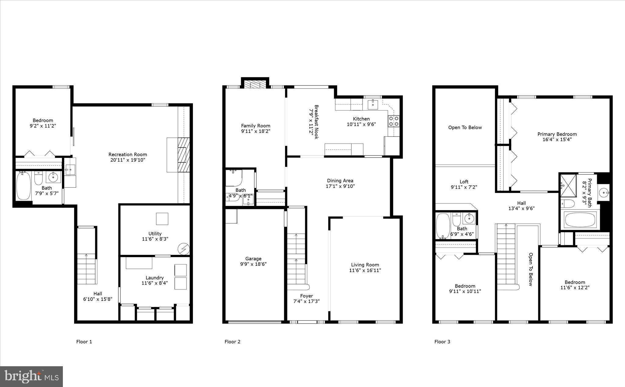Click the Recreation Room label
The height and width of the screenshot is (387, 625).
(128, 155)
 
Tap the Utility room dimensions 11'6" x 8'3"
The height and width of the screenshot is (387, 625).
(155, 239)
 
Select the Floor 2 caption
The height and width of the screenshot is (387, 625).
(232, 342)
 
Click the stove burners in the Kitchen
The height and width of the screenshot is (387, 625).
(394, 121)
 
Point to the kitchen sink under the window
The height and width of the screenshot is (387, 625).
(373, 104)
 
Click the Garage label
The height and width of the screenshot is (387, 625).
(253, 259)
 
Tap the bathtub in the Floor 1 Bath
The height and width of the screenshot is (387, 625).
(23, 186)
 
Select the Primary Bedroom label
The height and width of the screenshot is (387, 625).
(557, 134)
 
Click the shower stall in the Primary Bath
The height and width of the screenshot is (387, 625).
(568, 185)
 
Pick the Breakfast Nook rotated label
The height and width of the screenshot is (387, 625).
(316, 122)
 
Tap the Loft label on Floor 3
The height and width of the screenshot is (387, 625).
(464, 182)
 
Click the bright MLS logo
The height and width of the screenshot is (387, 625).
(31, 376)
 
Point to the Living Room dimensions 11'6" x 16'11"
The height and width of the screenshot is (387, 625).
(365, 270)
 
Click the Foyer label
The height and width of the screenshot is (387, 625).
(306, 296)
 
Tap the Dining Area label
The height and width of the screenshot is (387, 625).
(340, 181)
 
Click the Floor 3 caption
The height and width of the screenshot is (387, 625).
(442, 342)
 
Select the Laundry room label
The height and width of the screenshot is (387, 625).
(154, 278)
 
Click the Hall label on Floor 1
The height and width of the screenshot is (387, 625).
(98, 294)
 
